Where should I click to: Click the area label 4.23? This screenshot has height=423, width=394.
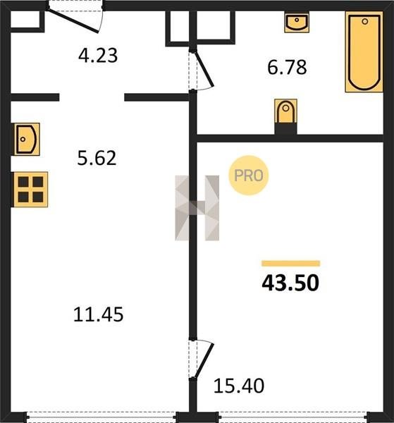[x=98, y=56]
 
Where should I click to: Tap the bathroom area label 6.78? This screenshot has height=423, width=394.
[x=287, y=68]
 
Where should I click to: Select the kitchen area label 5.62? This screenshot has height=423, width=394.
[x=97, y=158]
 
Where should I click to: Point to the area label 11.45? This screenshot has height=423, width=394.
[x=99, y=314]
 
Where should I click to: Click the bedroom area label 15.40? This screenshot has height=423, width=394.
[x=239, y=386]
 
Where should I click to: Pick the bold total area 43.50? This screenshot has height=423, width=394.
[x=290, y=283]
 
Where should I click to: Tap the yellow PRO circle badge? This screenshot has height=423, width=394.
[x=249, y=176]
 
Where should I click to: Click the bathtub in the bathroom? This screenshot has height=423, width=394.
[x=364, y=51]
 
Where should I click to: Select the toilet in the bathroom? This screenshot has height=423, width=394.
[x=286, y=111]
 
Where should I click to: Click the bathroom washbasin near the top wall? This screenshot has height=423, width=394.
[x=297, y=22]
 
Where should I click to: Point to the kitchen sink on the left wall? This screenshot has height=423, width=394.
[x=26, y=139]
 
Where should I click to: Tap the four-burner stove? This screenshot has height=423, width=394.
[x=30, y=190]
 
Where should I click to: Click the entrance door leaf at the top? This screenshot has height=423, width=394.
[x=73, y=20]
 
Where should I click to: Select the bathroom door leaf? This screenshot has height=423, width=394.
[x=204, y=69]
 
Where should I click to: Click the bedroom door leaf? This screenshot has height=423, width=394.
[x=204, y=360]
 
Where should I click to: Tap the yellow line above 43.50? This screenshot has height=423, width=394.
[x=290, y=263]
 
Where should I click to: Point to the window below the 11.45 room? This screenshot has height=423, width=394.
[x=101, y=417]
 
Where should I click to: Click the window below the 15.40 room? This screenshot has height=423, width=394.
[x=293, y=417]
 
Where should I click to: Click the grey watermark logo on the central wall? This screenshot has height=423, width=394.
[x=197, y=208]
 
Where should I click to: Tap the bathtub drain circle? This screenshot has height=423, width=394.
[x=365, y=21]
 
